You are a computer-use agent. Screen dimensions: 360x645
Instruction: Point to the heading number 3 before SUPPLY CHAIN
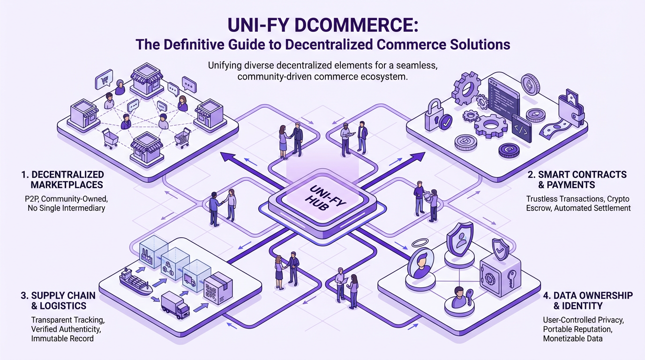pos(22,296)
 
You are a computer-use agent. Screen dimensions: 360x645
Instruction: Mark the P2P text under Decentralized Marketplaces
pos(33,198)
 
